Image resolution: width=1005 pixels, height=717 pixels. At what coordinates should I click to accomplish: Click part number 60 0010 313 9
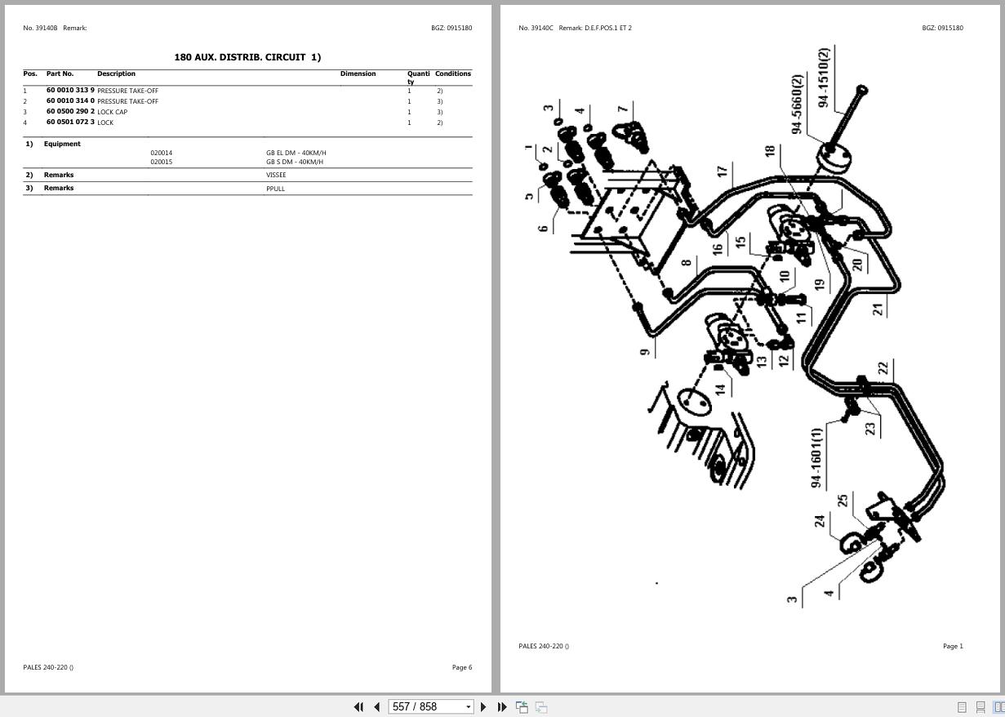point(70,91)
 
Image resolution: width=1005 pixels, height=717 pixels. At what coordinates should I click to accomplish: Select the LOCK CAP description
point(113,112)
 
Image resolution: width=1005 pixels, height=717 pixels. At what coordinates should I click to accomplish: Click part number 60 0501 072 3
point(70,122)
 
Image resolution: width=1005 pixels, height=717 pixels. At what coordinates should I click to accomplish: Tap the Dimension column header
point(358,73)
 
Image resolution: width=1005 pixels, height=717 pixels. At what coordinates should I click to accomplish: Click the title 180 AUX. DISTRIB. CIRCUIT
point(247,57)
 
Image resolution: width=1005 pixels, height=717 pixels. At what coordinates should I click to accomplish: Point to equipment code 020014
point(162,153)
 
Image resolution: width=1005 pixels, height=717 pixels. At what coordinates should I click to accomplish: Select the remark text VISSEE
point(276,175)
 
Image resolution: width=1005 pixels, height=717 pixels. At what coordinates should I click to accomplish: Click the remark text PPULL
point(275,189)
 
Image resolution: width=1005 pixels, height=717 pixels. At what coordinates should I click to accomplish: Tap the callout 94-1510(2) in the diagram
point(823,78)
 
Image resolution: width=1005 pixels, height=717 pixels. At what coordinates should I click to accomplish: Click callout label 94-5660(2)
point(797,104)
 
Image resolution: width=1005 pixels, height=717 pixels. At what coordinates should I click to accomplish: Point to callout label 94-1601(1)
point(816,458)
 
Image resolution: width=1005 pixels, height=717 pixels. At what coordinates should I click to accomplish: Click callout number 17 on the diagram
point(722,171)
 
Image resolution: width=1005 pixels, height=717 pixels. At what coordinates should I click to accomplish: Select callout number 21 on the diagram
point(878,309)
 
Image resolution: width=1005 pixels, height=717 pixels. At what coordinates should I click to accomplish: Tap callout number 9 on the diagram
point(645,351)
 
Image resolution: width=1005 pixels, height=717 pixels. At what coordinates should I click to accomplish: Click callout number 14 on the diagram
point(720,389)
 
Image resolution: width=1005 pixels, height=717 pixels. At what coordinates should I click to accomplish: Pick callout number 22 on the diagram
point(883,368)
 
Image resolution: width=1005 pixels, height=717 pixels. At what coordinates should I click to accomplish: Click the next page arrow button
point(483,706)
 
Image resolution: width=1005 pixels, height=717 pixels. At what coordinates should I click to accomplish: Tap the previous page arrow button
point(376,706)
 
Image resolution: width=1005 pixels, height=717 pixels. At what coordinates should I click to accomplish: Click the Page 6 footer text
point(461,667)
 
